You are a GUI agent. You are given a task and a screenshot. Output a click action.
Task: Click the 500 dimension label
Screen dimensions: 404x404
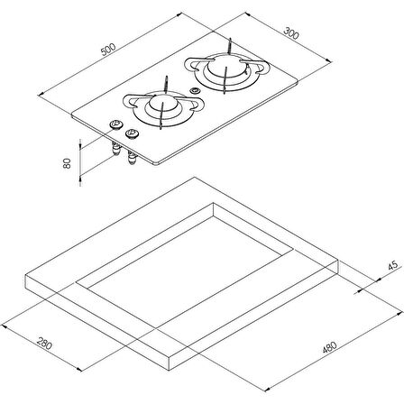point(108,50)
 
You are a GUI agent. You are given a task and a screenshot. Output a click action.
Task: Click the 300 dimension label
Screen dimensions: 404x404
point(291,33)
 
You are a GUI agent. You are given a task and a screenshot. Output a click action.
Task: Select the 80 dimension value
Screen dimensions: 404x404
point(67,163)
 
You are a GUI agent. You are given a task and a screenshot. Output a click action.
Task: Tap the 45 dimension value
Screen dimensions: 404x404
point(393,266)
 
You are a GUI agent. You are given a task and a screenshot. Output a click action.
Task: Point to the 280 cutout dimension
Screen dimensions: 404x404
point(44,344)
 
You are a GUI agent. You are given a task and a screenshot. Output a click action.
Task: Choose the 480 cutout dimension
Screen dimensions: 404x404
point(329,347)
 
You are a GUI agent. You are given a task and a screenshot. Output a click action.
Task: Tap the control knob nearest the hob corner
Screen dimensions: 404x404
point(115,124)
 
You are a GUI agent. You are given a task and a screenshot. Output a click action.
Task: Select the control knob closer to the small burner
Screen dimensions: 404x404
point(132,133)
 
